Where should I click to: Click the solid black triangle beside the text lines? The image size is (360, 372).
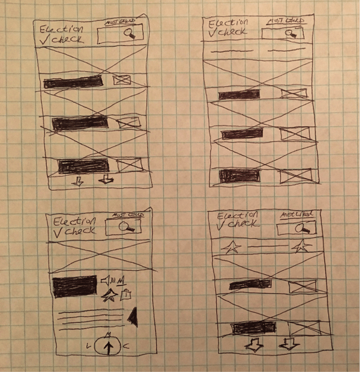click(132, 317)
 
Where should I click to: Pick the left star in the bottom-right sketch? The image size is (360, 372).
click(231, 248)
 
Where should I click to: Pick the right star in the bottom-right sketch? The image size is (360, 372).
click(300, 247)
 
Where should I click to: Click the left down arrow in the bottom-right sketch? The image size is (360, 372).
click(253, 344)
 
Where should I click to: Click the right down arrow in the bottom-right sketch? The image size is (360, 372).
click(288, 344)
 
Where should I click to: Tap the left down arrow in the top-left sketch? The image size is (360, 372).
click(78, 181)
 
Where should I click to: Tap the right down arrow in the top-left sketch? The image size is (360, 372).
click(105, 180)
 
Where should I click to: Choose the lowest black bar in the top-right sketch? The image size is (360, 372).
click(239, 175)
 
